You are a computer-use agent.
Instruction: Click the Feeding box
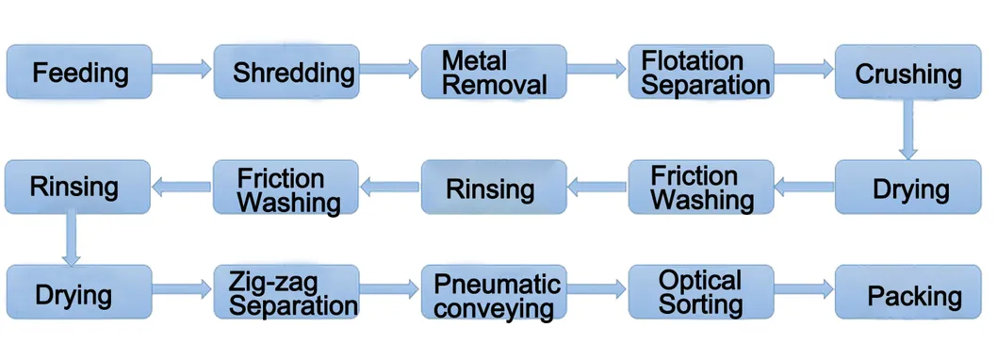coord(79,72)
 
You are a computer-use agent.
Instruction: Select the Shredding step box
coord(287,72)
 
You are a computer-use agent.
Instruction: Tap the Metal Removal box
coord(494,72)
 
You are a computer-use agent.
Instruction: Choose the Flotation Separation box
coord(701,72)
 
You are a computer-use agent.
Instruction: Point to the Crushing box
coord(907,72)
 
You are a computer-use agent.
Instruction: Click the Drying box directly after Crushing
coord(907,188)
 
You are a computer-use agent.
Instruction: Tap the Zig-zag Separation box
coord(287,293)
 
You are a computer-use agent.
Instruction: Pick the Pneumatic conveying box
coord(494,294)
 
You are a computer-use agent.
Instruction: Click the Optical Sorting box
coord(701,292)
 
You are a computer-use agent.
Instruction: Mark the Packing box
coord(907,294)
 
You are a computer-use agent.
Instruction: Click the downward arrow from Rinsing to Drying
coord(70,237)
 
